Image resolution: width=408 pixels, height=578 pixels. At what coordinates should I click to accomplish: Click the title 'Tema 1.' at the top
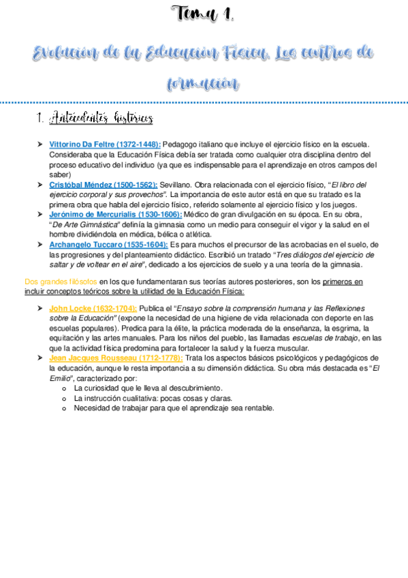pos(204,13)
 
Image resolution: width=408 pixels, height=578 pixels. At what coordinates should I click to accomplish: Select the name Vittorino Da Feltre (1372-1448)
pos(105,144)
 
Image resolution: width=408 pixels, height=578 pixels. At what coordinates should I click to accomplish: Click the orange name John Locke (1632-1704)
pos(93,308)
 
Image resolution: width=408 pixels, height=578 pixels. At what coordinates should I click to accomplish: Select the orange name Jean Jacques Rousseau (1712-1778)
pos(116,358)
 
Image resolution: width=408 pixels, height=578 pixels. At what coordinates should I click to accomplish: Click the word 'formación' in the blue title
pos(204,84)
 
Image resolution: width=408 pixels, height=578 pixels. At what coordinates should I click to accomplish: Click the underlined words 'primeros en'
pos(343,281)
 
